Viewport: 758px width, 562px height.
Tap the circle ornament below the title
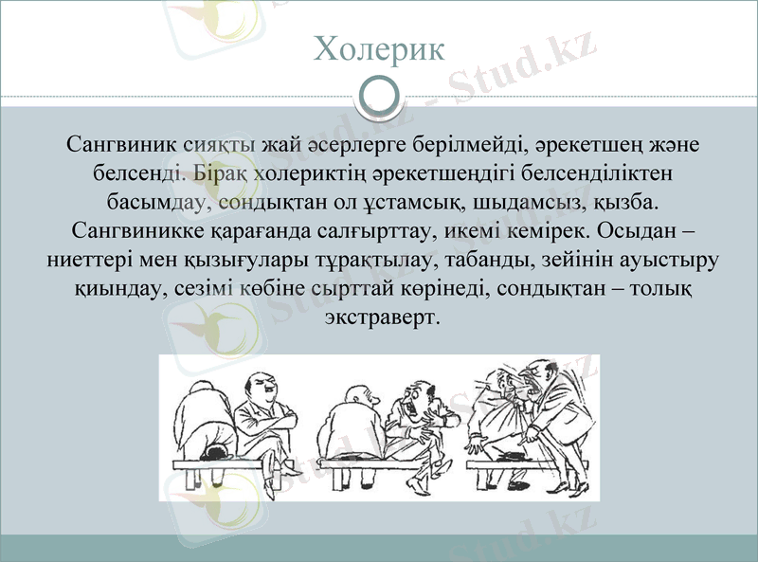pyautogui.click(x=378, y=96)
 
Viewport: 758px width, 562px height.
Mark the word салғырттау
pyautogui.click(x=371, y=231)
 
